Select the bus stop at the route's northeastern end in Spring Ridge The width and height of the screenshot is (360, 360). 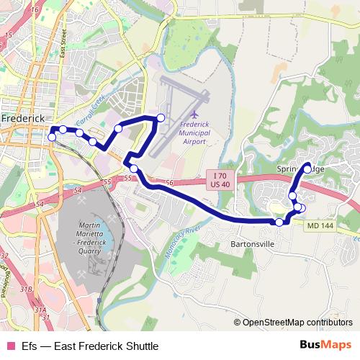(x=307, y=168)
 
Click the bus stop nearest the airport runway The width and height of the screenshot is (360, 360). (x=160, y=117)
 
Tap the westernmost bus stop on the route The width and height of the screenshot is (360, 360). (x=51, y=138)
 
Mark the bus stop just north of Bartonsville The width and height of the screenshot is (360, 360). (x=279, y=222)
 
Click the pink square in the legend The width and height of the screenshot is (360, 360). (x=10, y=344)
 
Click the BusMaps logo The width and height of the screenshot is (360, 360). (x=325, y=343)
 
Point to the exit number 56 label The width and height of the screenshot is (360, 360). (x=170, y=184)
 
